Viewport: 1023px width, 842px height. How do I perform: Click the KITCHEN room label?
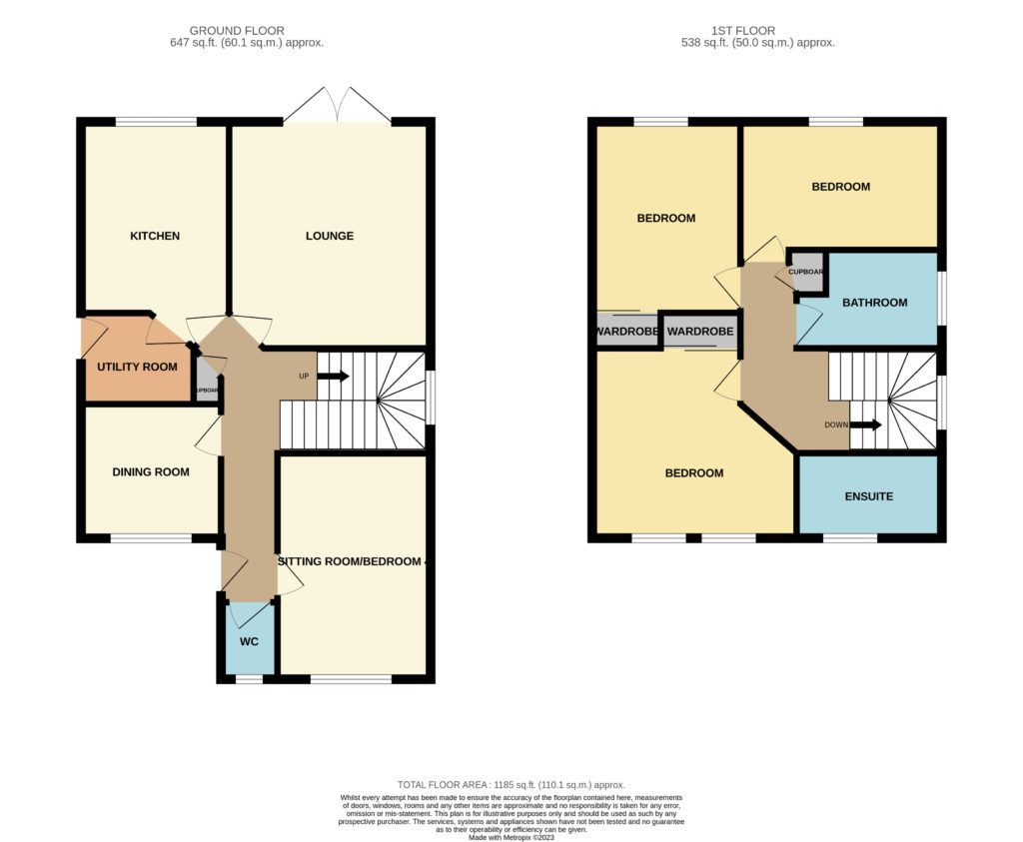pyautogui.click(x=155, y=237)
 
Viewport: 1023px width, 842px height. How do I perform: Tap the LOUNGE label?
pyautogui.click(x=330, y=237)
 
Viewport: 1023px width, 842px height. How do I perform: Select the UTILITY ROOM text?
pyautogui.click(x=137, y=367)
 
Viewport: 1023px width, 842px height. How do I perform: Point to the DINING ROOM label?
pyautogui.click(x=151, y=472)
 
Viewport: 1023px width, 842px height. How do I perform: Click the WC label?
pyautogui.click(x=248, y=641)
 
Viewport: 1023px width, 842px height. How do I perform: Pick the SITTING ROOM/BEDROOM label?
pyautogui.click(x=353, y=561)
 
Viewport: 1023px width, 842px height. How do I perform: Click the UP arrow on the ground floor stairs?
pyautogui.click(x=333, y=377)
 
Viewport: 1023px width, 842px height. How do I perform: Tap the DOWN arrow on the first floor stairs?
pyautogui.click(x=866, y=424)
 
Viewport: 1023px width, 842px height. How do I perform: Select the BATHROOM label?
pyautogui.click(x=874, y=303)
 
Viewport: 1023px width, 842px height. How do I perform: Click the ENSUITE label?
pyautogui.click(x=868, y=496)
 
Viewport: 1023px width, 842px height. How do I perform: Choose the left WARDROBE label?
pyautogui.click(x=627, y=331)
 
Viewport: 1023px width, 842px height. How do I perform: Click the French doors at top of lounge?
pyautogui.click(x=338, y=105)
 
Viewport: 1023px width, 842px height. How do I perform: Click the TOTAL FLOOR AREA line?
pyautogui.click(x=511, y=785)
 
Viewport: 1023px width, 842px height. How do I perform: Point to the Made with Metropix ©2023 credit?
pyautogui.click(x=511, y=836)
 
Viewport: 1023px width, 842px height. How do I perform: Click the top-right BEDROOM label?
pyautogui.click(x=840, y=187)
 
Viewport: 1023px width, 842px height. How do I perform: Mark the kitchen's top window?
pyautogui.click(x=155, y=122)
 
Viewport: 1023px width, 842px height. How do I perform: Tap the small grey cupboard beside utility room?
pyautogui.click(x=206, y=388)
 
